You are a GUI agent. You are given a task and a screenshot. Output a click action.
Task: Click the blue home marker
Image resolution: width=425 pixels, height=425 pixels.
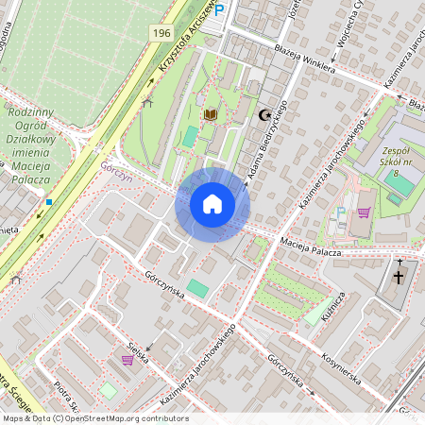212,204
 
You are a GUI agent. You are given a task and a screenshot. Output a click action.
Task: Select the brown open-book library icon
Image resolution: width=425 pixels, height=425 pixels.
210,114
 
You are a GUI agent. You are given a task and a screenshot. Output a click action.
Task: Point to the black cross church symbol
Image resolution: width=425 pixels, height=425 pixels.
399,278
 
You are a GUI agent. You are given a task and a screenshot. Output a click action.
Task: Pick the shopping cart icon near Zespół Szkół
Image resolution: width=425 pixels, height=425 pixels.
364,212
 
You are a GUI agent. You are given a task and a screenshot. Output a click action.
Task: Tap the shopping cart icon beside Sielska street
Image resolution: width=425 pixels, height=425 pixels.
127,359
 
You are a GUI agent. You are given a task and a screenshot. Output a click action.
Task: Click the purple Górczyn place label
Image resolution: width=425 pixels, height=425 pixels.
115,163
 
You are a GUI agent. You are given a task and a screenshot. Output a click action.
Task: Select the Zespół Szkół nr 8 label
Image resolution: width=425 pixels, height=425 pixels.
404,161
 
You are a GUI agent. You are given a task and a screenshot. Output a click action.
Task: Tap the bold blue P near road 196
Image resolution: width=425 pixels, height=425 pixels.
220,10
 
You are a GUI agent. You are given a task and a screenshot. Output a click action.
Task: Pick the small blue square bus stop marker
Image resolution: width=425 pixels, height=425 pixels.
48,201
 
